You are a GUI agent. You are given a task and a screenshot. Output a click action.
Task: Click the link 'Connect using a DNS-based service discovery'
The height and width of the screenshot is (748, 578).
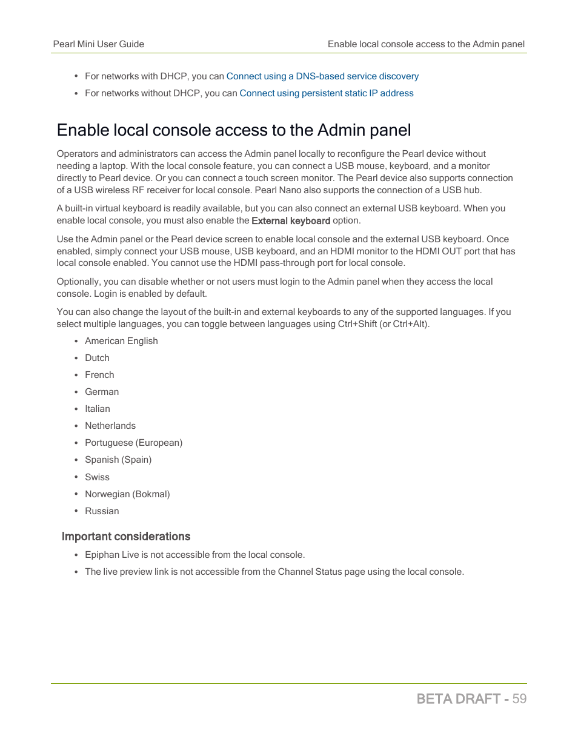(322, 76)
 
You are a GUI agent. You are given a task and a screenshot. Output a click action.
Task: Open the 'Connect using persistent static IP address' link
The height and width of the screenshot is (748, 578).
(327, 93)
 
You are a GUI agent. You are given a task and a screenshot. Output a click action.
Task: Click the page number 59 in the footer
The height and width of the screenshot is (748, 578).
(519, 699)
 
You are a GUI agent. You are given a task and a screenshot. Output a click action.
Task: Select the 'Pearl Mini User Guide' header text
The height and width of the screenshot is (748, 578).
(99, 44)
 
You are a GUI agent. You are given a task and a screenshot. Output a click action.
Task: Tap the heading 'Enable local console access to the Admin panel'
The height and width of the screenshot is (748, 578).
(234, 130)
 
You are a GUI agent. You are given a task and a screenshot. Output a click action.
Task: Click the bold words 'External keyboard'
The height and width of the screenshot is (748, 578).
(291, 221)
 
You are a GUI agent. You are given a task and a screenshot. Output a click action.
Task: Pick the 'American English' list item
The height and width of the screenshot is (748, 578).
(121, 341)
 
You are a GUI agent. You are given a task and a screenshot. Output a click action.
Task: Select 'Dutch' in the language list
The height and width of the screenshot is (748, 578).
(97, 358)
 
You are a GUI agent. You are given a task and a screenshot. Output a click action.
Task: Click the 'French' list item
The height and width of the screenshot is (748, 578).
(99, 375)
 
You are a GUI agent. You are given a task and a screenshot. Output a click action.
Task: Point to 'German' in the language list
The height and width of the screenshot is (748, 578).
(102, 392)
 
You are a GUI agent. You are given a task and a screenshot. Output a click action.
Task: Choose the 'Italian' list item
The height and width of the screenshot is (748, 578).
(98, 409)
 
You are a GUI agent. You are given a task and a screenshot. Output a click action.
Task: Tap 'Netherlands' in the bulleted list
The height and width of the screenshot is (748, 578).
(110, 426)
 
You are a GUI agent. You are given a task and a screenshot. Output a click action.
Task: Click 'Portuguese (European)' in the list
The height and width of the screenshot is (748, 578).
(133, 443)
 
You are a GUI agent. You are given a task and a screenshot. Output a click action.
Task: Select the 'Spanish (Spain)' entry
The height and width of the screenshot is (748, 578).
(118, 460)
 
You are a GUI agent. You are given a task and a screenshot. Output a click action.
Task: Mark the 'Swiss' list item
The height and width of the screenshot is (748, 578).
(97, 477)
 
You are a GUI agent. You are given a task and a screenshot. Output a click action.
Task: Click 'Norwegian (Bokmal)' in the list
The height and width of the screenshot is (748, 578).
(127, 494)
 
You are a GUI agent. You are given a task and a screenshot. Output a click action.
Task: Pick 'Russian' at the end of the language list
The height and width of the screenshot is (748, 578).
(102, 511)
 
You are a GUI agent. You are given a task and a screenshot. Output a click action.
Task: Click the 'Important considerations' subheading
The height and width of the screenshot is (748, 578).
(126, 537)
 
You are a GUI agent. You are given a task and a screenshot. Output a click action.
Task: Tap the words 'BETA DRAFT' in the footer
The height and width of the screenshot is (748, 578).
(459, 699)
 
